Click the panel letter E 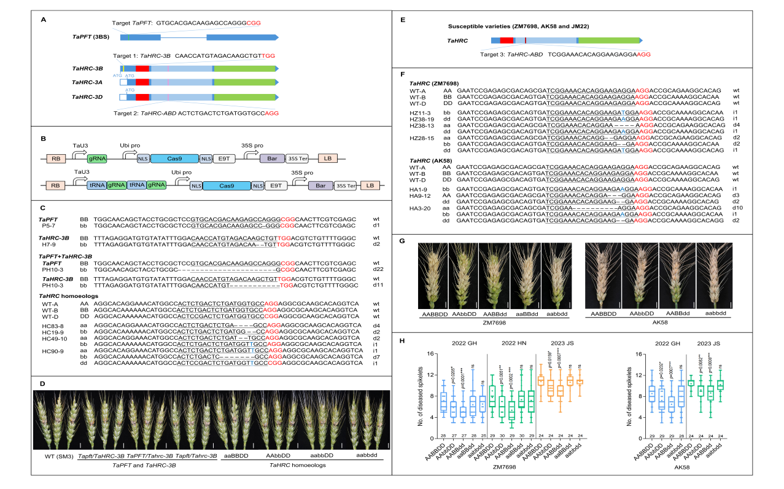pyautogui.click(x=402, y=20)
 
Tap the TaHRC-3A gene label pyautogui.click(x=87, y=82)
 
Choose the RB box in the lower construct pyautogui.click(x=55, y=186)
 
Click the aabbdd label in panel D pyautogui.click(x=367, y=455)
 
